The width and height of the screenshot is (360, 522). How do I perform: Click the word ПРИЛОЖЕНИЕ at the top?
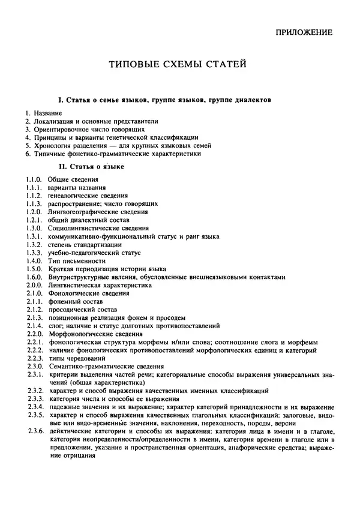(304, 34)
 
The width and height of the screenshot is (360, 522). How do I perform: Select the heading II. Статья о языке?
(91, 166)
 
